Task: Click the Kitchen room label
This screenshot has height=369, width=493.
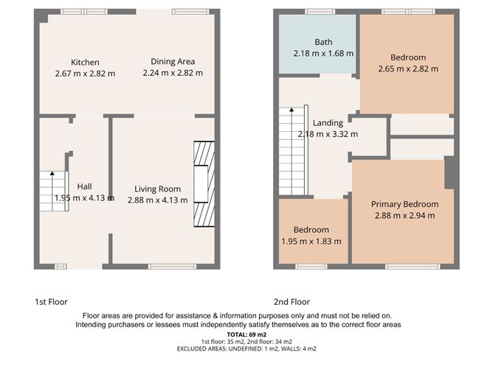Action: pyautogui.click(x=85, y=62)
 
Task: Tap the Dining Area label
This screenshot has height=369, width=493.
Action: pyautogui.click(x=173, y=61)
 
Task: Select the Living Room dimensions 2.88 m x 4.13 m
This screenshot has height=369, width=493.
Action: pyautogui.click(x=157, y=200)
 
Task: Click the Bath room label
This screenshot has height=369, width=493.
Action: pyautogui.click(x=323, y=42)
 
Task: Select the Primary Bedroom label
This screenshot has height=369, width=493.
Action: pyautogui.click(x=404, y=204)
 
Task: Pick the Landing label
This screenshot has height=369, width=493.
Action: pyautogui.click(x=327, y=123)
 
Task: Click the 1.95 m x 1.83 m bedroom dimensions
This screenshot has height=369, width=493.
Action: pyautogui.click(x=311, y=241)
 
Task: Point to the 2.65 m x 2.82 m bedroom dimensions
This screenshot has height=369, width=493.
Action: pyautogui.click(x=408, y=68)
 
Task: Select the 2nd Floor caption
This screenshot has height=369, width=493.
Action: pyautogui.click(x=292, y=302)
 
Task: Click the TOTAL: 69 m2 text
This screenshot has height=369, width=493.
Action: pyautogui.click(x=246, y=334)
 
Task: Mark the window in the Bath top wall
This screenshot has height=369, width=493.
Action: pyautogui.click(x=319, y=11)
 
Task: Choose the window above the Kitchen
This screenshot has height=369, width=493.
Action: pyautogui.click(x=73, y=11)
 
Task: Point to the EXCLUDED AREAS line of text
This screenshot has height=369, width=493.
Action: pyautogui.click(x=246, y=348)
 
